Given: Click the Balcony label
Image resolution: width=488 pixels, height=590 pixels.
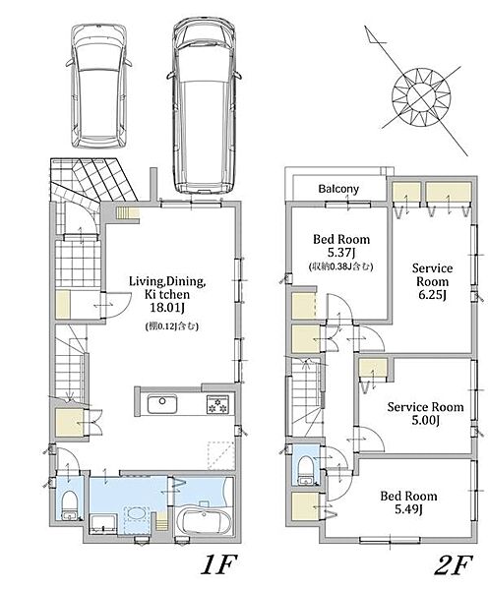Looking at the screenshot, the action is (338, 189).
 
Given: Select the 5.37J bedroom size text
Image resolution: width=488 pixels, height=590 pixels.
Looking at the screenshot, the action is (341, 253).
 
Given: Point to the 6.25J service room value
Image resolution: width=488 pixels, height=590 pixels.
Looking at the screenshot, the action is (432, 295).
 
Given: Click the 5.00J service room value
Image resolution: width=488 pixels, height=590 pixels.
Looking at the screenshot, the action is (425, 420).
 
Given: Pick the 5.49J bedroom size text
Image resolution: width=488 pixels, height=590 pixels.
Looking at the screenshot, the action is (408, 509).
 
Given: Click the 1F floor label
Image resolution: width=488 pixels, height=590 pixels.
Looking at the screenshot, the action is (218, 564).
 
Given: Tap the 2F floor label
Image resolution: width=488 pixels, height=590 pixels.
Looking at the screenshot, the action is (453, 564).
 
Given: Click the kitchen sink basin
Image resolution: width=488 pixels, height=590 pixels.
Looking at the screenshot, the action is (162, 404).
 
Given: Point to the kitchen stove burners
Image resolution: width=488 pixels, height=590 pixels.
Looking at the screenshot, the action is (217, 404).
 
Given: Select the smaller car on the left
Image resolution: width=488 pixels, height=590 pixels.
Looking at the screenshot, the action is (99, 86).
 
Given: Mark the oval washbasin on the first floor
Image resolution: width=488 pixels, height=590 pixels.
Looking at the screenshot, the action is (137, 513).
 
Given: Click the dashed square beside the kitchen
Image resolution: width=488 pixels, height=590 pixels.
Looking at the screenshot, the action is (221, 455).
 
